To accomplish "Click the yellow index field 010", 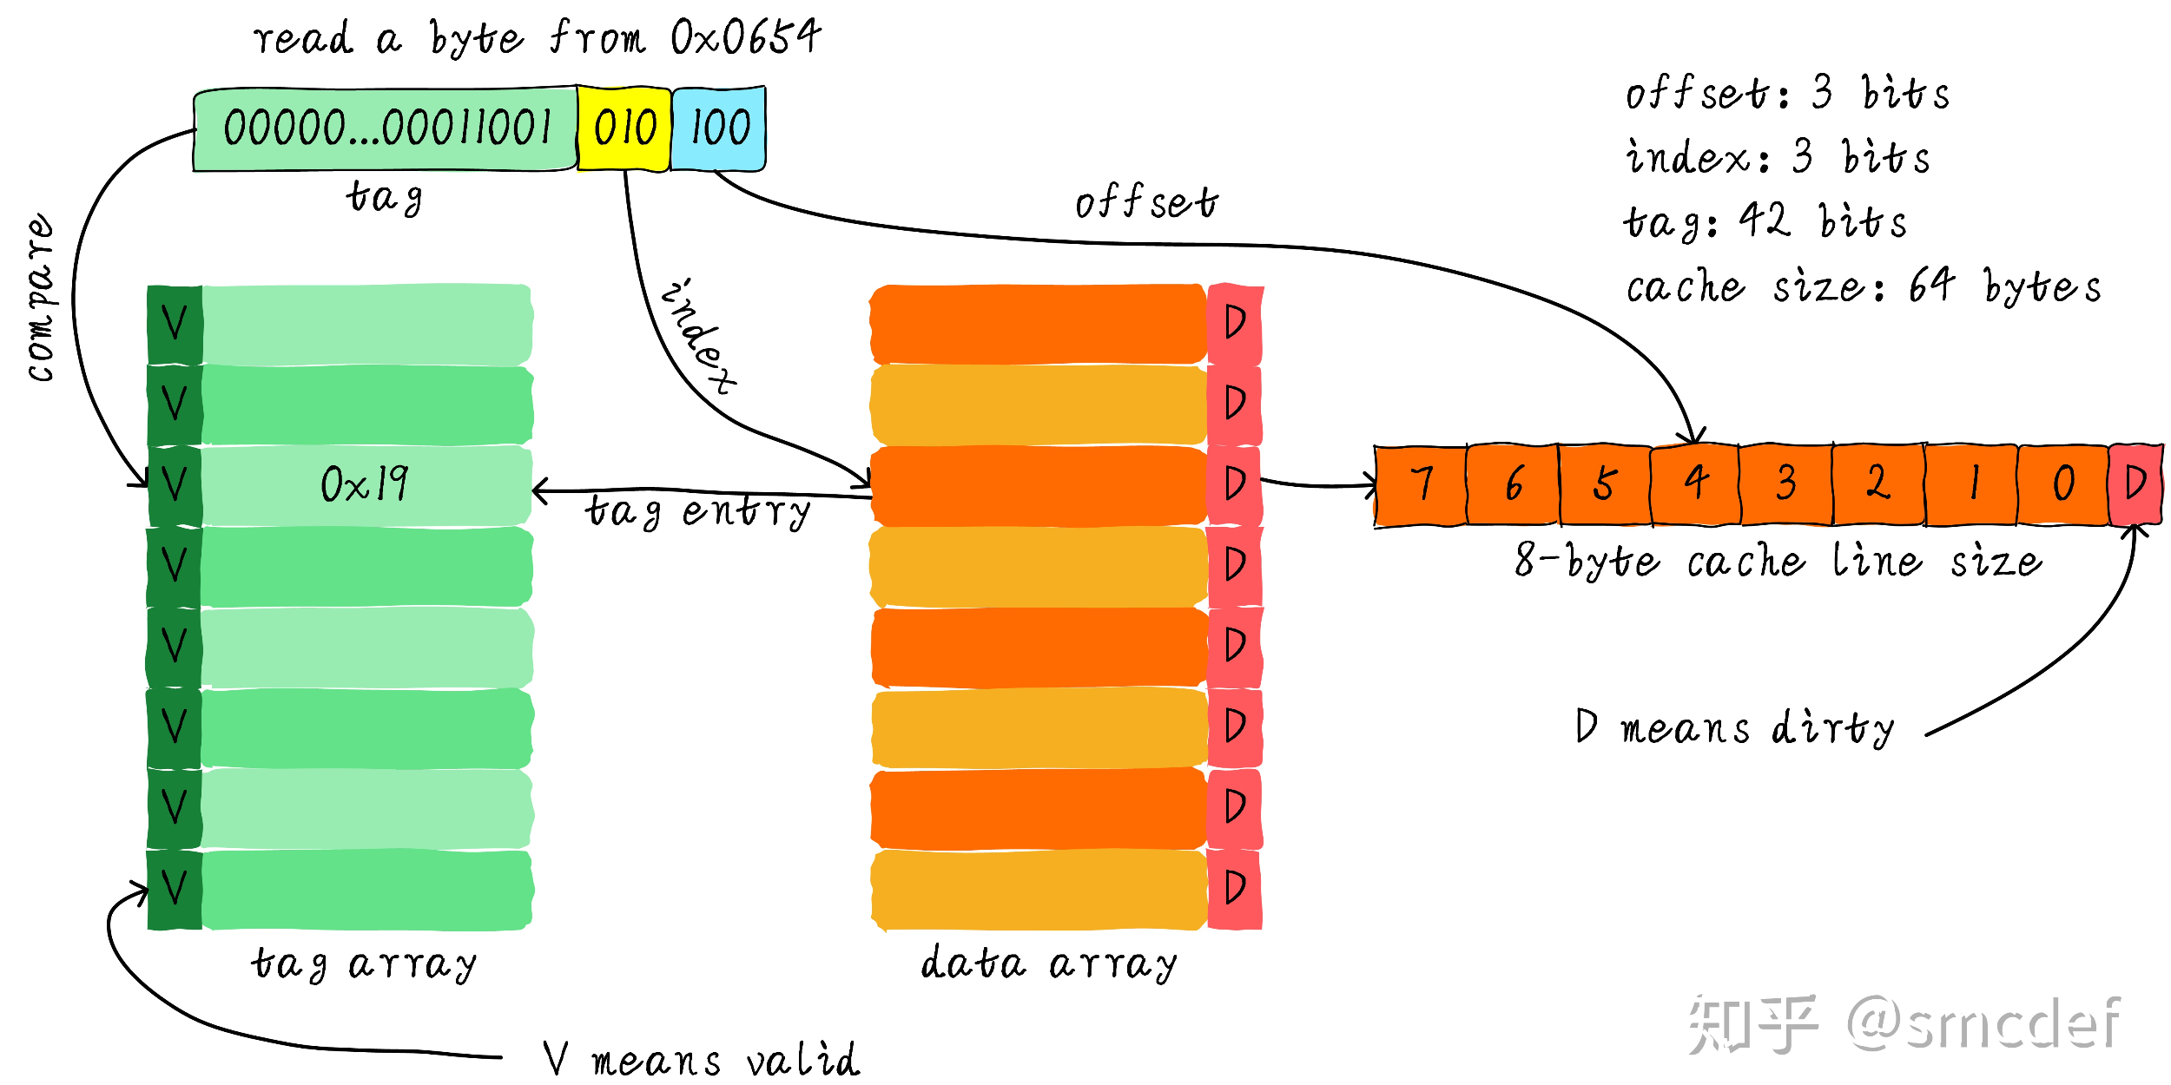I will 624,128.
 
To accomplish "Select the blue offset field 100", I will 719,128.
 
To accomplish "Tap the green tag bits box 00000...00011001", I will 386,128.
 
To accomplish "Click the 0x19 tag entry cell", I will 365,484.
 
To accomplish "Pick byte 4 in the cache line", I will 1694,484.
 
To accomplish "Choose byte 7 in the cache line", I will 1421,484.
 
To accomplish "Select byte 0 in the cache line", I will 2062,484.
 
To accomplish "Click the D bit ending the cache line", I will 2135,484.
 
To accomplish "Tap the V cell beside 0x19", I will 175,484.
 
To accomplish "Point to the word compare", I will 40,297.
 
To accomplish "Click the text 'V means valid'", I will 700,1059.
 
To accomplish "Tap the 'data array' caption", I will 1048,963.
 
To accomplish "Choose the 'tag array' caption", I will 364,963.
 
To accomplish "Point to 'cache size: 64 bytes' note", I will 1863,286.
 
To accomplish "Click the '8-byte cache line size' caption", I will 1778,561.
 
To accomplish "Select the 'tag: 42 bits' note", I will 1765,222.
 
